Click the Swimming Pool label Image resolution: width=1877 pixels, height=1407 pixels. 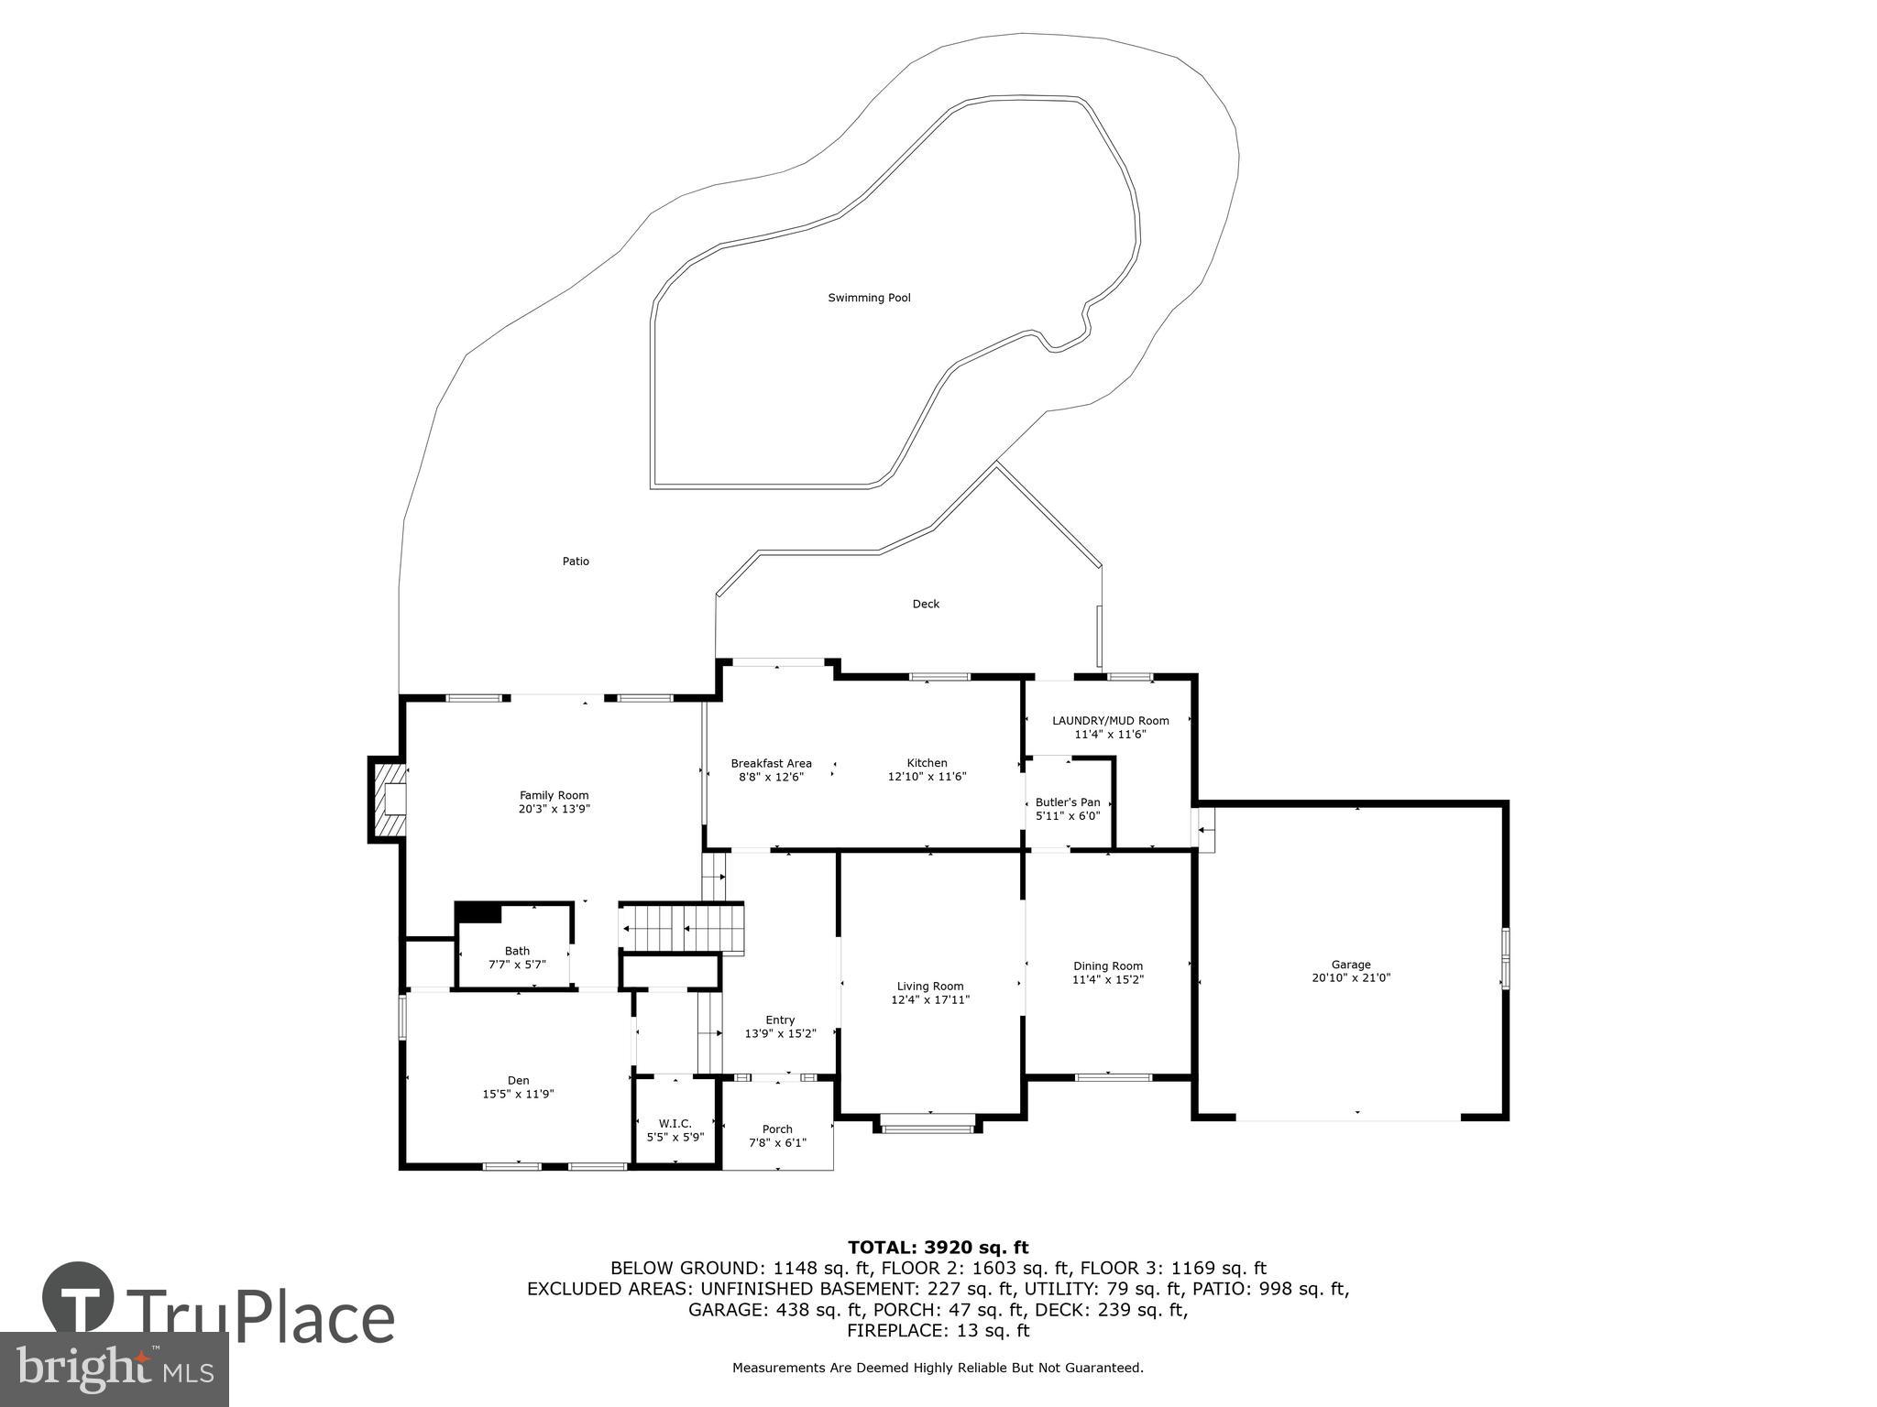click(869, 298)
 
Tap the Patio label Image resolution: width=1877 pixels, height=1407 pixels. click(576, 562)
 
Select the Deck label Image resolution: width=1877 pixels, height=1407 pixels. click(926, 604)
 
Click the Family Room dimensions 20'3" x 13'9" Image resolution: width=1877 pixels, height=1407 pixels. click(554, 809)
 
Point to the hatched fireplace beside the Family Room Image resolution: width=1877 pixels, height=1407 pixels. click(385, 798)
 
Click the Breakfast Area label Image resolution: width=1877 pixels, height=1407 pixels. click(771, 763)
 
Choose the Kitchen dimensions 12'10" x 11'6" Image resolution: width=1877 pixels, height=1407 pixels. click(927, 777)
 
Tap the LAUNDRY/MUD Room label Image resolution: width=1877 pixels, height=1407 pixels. click(1110, 721)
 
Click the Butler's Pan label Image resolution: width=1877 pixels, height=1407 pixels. click(1068, 802)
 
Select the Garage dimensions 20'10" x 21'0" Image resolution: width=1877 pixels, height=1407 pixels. click(1351, 977)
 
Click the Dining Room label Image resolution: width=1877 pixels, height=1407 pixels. click(1108, 965)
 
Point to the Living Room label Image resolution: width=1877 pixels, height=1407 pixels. click(930, 987)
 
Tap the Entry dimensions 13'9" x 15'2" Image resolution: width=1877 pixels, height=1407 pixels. click(780, 1033)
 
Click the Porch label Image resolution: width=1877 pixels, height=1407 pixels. click(777, 1129)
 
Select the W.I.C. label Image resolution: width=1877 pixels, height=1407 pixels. click(675, 1124)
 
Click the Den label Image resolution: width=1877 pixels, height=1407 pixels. click(519, 1080)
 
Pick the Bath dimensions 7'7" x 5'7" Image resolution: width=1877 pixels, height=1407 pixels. click(517, 965)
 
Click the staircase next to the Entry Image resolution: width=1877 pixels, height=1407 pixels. click(682, 928)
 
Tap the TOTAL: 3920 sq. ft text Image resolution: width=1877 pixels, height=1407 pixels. click(938, 1247)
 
